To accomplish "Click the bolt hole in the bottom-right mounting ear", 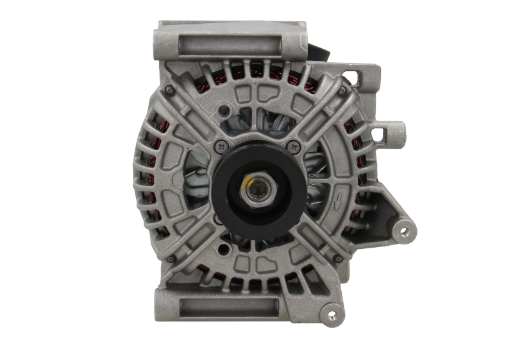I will (x=332, y=314).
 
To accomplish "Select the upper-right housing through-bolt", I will (x=342, y=90).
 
